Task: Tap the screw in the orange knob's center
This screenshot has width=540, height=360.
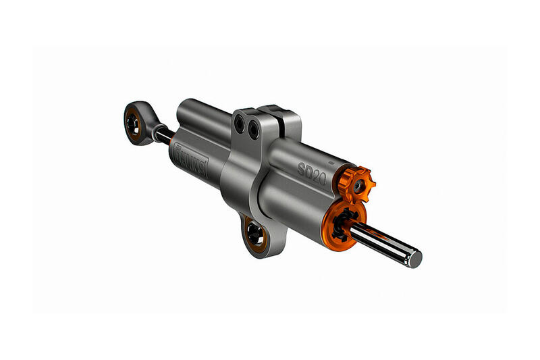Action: pos(356,182)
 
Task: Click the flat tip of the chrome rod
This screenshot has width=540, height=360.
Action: pos(414,258)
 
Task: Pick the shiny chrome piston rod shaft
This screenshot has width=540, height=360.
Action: pos(381,242)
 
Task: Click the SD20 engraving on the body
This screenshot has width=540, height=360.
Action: pos(312,168)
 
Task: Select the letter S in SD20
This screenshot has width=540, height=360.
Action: pos(302,163)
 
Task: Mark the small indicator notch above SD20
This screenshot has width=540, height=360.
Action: pos(330,163)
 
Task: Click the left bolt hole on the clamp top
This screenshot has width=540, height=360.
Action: pos(239,124)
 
